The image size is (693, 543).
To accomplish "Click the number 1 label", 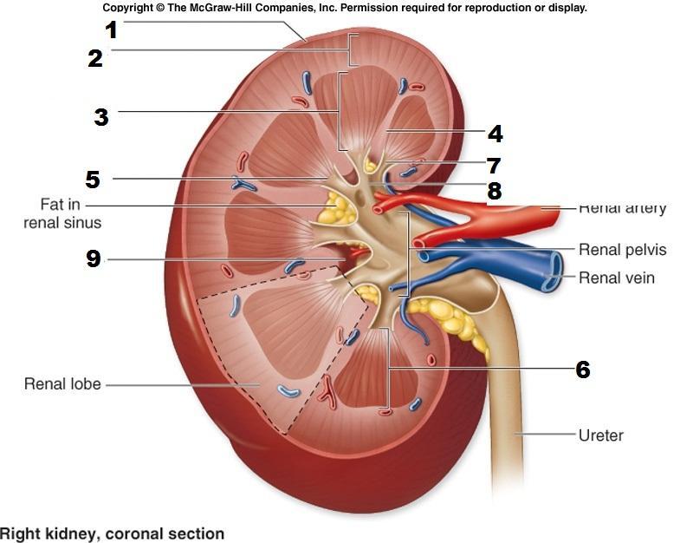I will tap(111, 29).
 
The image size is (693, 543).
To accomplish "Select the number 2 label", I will tap(95, 58).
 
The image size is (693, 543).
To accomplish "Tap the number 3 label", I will tap(101, 116).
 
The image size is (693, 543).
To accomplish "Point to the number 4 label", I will tap(495, 134).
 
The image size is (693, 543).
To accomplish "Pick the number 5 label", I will tap(93, 180).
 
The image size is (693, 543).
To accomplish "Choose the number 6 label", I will tap(582, 370).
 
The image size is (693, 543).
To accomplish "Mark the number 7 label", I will tap(494, 165).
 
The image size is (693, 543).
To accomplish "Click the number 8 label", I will tap(494, 191).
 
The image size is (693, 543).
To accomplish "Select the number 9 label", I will tap(94, 258).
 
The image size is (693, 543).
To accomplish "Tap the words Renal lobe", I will tap(62, 383).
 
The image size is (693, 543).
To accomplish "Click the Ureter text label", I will tap(600, 435).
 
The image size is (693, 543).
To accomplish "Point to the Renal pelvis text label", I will tap(622, 250).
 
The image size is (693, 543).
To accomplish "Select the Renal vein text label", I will tap(616, 278).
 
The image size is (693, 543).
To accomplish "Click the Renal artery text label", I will tap(622, 209).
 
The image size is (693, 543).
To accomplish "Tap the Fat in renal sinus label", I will tap(71, 213).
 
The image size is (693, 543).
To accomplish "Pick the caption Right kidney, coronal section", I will tap(113, 533).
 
